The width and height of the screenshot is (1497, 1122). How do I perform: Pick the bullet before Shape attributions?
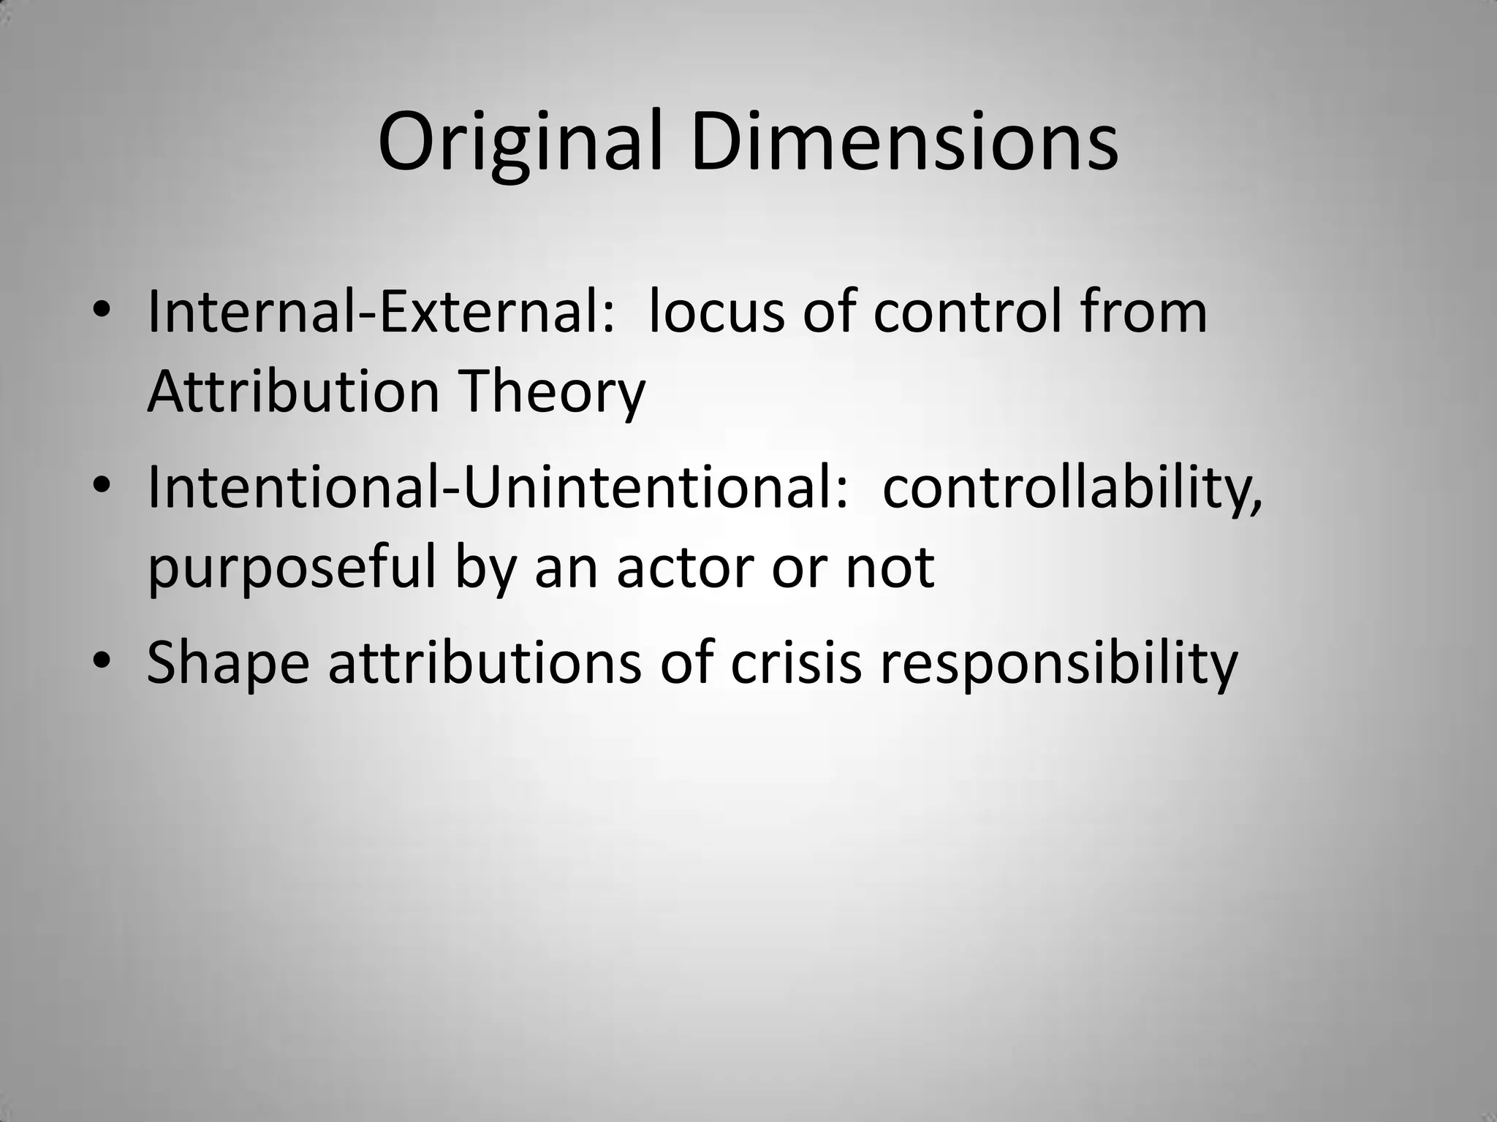[102, 660]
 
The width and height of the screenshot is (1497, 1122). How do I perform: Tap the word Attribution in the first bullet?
[293, 392]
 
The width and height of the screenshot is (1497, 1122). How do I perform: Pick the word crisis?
[797, 663]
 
